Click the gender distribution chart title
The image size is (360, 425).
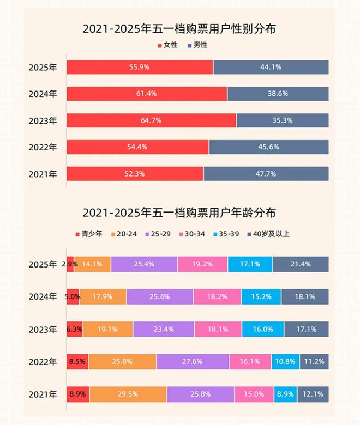179,29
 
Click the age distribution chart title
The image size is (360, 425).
179,212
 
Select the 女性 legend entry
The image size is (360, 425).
167,45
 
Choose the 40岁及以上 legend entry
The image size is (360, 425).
268,234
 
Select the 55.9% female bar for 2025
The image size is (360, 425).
140,67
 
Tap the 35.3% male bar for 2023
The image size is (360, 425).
283,120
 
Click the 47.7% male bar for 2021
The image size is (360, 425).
266,174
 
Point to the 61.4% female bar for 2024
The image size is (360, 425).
147,94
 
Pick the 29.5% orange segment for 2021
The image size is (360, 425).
128,394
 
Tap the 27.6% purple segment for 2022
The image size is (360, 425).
193,362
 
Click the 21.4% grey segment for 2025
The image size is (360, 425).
301,264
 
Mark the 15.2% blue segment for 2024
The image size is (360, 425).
260,297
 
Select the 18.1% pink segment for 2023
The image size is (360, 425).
218,330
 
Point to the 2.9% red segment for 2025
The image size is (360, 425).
70,264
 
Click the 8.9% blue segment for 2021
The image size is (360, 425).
281,394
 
